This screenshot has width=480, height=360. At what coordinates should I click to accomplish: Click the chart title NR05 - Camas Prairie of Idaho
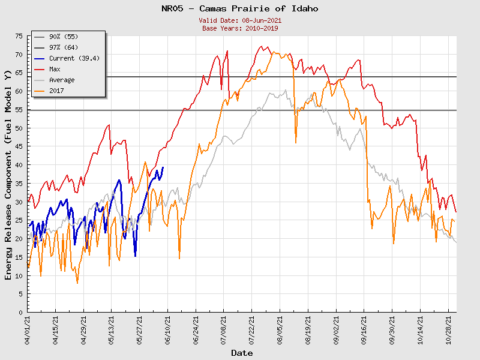point(240,9)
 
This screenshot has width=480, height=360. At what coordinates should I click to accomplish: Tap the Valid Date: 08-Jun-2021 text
point(240,20)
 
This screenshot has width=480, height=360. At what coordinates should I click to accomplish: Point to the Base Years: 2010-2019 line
point(240,28)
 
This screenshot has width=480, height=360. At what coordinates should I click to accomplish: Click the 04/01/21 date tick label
point(28,331)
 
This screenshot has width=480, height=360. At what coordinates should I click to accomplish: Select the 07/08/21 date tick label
point(224,331)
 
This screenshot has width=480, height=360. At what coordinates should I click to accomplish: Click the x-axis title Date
point(242,353)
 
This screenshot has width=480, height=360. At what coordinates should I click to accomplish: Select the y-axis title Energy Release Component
point(8,175)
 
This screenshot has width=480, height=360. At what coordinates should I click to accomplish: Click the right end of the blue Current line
point(163,167)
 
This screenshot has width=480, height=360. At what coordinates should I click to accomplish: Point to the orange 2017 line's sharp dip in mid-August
point(296,142)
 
